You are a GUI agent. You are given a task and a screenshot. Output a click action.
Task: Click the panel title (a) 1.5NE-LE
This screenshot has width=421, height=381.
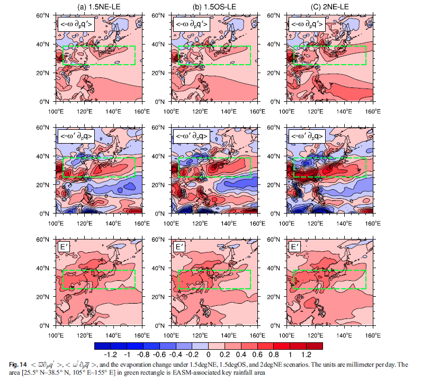(98, 6)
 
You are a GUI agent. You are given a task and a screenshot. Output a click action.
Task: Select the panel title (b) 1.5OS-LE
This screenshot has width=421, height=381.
(214, 6)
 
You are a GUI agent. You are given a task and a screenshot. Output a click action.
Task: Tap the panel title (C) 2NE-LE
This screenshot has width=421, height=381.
(330, 6)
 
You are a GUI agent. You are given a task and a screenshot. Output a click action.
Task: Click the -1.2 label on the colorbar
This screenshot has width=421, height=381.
(112, 354)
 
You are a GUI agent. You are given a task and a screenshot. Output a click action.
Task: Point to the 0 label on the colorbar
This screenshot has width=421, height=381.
(209, 354)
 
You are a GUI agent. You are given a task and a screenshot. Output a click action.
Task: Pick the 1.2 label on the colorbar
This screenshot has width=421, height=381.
(305, 354)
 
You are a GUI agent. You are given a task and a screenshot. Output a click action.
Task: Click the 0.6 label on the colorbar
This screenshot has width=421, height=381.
(257, 354)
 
